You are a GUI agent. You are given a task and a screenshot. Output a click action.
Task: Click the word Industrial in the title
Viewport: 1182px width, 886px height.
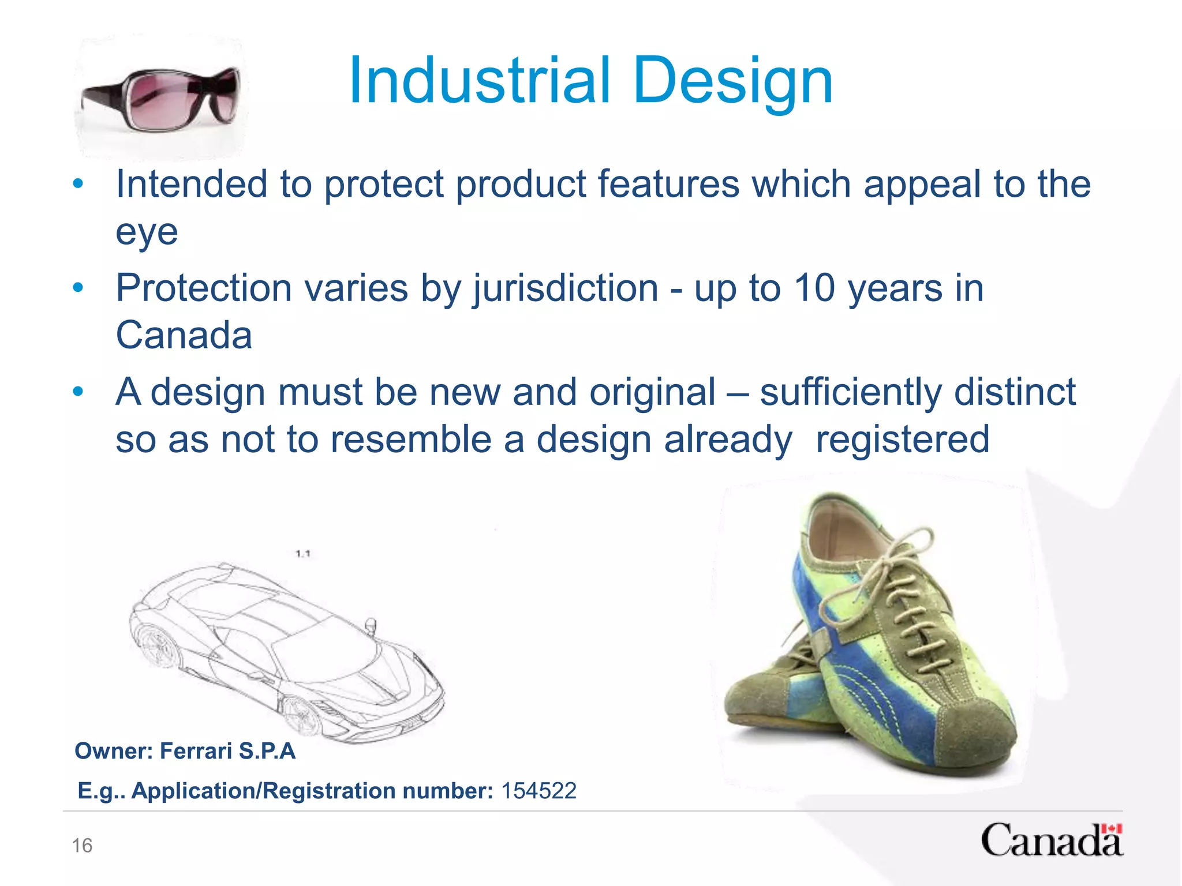[479, 81]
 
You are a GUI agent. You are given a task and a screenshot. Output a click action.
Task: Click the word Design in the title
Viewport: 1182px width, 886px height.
[733, 81]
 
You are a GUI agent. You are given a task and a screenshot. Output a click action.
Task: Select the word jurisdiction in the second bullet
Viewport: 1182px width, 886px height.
[566, 288]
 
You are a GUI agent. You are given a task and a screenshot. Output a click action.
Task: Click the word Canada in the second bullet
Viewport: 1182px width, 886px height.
[184, 335]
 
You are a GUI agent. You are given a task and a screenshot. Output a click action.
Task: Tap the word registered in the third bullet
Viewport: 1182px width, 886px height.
[902, 440]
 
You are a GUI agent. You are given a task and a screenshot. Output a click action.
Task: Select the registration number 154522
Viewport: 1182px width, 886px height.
[538, 791]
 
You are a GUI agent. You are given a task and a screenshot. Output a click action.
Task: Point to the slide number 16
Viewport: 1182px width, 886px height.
[82, 846]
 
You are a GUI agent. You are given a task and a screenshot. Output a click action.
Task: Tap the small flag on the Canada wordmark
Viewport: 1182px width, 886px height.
[1111, 829]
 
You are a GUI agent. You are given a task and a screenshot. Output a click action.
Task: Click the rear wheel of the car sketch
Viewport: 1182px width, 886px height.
[155, 646]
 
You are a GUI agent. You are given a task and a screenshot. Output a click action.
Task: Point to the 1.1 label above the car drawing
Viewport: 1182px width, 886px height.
[303, 554]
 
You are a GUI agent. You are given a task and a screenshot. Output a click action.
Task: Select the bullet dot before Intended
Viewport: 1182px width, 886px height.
[78, 185]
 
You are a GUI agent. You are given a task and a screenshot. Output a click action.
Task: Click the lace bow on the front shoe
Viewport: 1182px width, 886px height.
[900, 554]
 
